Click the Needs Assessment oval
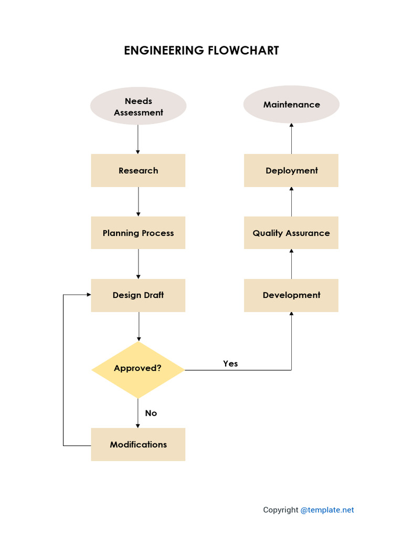(138, 106)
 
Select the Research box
(138, 171)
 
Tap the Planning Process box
(138, 233)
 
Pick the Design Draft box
(138, 295)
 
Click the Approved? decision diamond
(138, 369)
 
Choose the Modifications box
(138, 444)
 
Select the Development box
(291, 295)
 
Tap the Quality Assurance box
(291, 233)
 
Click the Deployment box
(291, 171)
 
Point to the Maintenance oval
(291, 105)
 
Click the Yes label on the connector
(230, 364)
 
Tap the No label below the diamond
(151, 413)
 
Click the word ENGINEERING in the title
(164, 50)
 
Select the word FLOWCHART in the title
(243, 50)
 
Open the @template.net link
(327, 510)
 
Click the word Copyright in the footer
(281, 510)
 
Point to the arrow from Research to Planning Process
(139, 202)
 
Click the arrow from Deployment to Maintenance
(292, 139)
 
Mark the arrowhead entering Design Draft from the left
(89, 294)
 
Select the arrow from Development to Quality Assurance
(292, 264)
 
